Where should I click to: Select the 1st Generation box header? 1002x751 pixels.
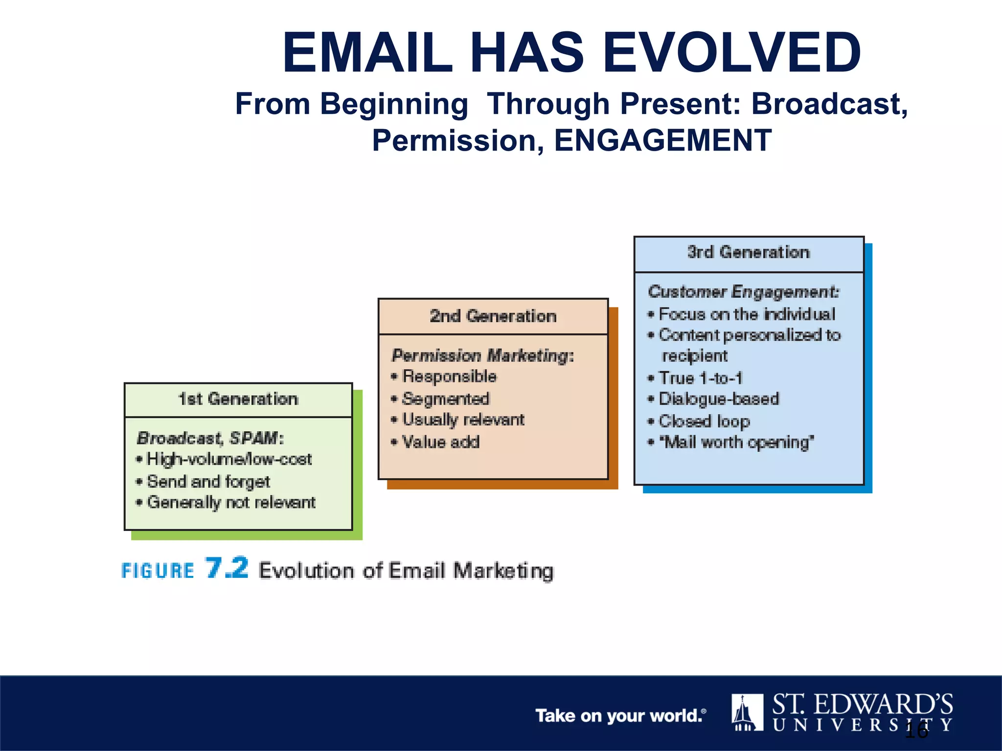click(238, 399)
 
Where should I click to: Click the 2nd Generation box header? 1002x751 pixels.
click(493, 316)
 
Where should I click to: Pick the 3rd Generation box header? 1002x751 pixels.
click(749, 253)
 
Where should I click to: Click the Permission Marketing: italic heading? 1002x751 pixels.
click(482, 355)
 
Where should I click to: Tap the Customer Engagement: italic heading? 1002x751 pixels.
click(743, 292)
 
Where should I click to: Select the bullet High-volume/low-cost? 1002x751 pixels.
click(229, 460)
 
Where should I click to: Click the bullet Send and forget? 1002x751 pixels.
click(208, 482)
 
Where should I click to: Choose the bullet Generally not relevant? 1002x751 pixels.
click(231, 503)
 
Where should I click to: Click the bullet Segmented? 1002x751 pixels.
click(445, 399)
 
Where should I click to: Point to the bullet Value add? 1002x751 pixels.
click(440, 442)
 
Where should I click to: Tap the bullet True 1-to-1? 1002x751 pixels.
click(701, 378)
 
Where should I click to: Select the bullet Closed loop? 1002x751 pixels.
click(704, 421)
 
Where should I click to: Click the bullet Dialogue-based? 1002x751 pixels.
click(718, 399)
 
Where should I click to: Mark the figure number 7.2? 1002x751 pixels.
click(227, 568)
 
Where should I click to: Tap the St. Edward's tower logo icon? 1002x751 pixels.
click(747, 712)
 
